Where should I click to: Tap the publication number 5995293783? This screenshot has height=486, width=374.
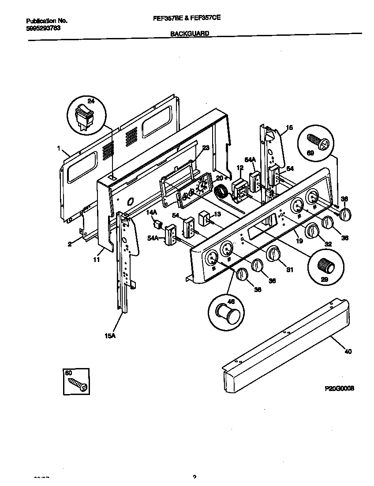coord(43,28)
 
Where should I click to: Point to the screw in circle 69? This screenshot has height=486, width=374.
coord(318,143)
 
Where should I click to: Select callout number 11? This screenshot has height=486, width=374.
coord(96,260)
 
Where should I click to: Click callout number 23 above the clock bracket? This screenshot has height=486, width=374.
coord(206,148)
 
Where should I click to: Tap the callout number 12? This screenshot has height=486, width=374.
coord(239,168)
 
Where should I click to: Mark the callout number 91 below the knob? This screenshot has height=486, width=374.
coord(289,270)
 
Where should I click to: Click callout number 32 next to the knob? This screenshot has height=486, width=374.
coord(328,243)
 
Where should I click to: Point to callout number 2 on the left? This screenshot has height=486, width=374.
coord(70,243)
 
